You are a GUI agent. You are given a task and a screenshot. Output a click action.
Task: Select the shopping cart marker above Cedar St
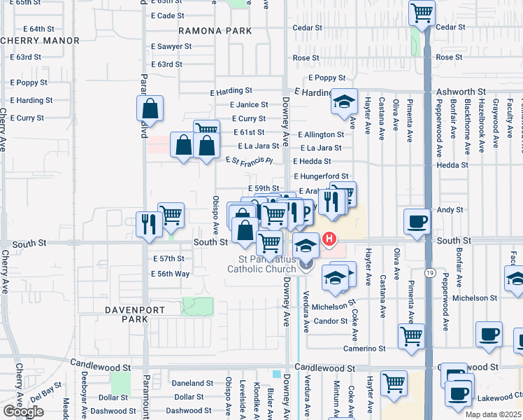422,12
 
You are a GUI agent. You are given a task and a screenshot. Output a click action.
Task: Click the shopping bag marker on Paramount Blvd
150,108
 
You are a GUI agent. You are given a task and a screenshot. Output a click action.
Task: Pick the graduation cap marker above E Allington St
344,101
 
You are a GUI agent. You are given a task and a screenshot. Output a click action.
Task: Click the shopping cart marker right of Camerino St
411,335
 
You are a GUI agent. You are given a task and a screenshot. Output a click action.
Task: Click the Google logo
23,412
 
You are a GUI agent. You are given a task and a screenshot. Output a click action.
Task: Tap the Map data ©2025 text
493,414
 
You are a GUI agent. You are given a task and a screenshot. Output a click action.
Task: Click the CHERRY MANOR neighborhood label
40,41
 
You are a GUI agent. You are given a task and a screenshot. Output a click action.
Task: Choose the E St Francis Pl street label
248,160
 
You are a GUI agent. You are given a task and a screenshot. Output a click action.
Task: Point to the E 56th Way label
171,274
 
